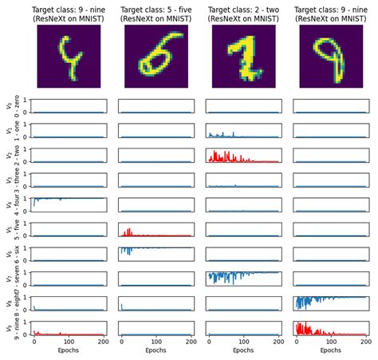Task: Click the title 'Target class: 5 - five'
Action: pos(156,10)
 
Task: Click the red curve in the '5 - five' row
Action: pos(128,233)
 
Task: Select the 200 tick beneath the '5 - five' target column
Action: pos(189,341)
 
